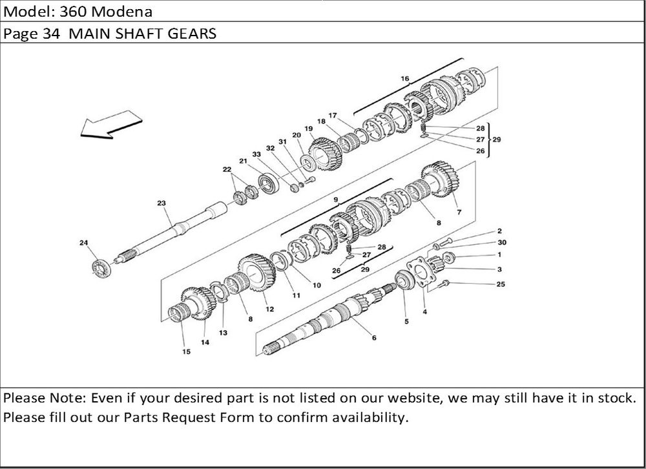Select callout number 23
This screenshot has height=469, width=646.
161,203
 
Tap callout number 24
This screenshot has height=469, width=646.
83,243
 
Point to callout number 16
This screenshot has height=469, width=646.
405,79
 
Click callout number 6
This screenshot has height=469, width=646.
374,337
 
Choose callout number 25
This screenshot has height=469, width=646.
501,284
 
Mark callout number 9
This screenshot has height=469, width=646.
336,200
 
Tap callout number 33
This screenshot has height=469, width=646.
256,154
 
